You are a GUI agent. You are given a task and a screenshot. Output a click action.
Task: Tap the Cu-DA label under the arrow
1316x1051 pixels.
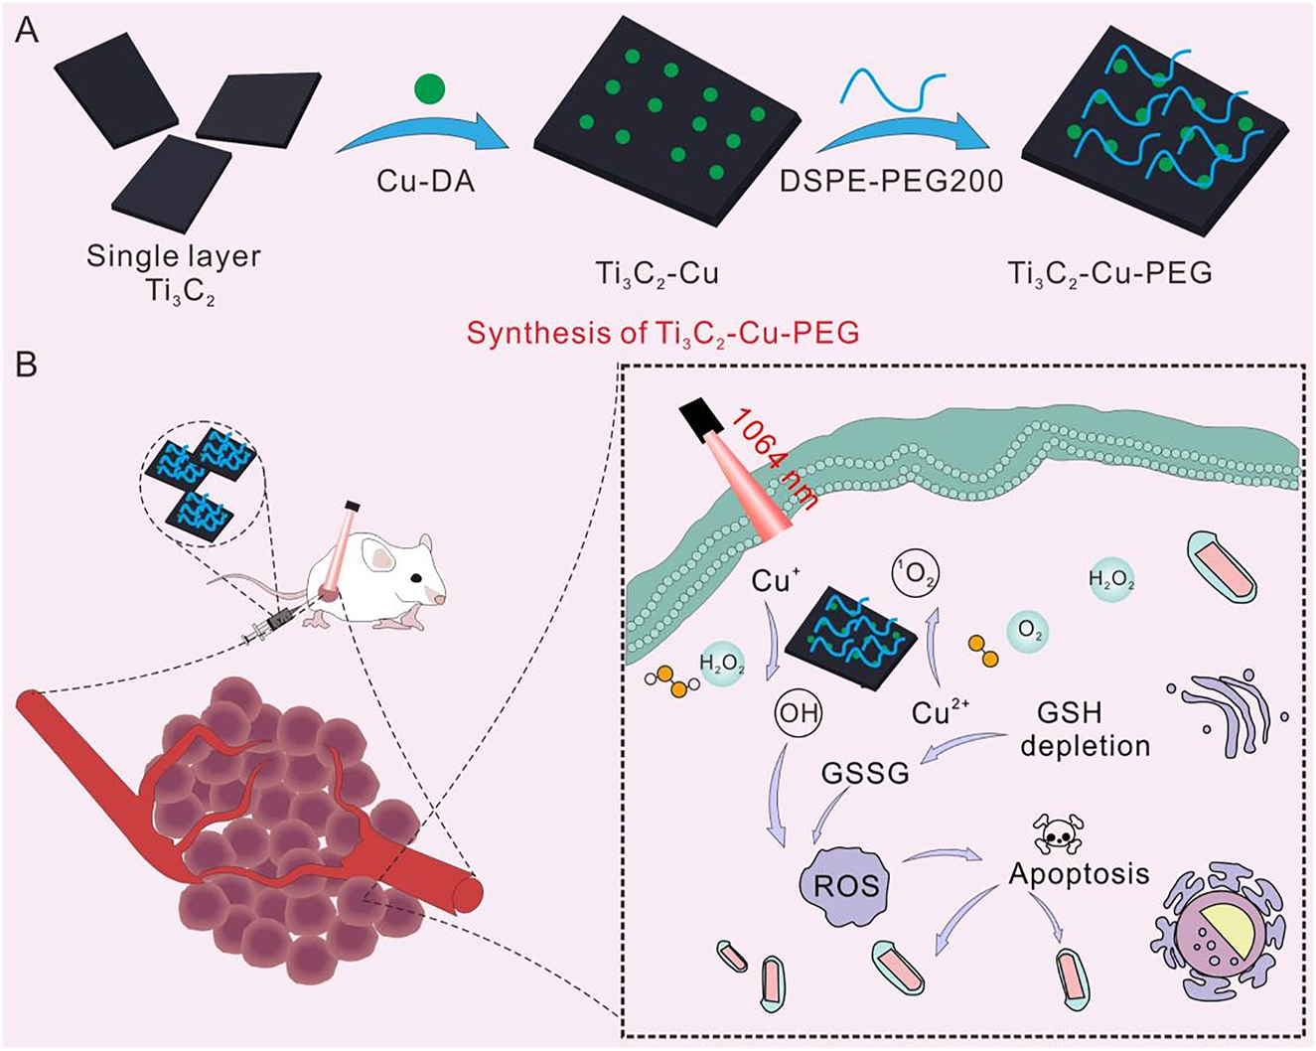coord(425,181)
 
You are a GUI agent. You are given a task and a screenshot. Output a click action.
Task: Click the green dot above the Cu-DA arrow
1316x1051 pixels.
coord(428,89)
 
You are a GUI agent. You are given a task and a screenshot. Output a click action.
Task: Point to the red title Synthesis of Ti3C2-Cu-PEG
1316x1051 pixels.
coord(662,332)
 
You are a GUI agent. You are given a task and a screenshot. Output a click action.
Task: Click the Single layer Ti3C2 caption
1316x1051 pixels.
coord(173,270)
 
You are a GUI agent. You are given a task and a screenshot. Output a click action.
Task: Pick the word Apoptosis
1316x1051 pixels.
coord(1079,873)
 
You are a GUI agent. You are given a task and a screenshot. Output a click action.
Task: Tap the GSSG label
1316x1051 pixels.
coord(865,773)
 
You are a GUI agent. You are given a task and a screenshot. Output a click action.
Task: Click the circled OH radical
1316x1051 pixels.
coord(797,712)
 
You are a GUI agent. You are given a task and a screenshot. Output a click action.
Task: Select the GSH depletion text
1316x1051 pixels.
coord(1085,729)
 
